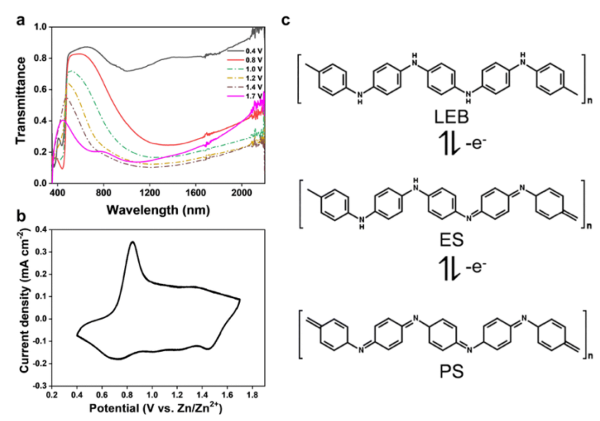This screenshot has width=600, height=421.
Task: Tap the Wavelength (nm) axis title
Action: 161,209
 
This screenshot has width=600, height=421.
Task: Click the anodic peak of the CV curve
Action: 132,243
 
